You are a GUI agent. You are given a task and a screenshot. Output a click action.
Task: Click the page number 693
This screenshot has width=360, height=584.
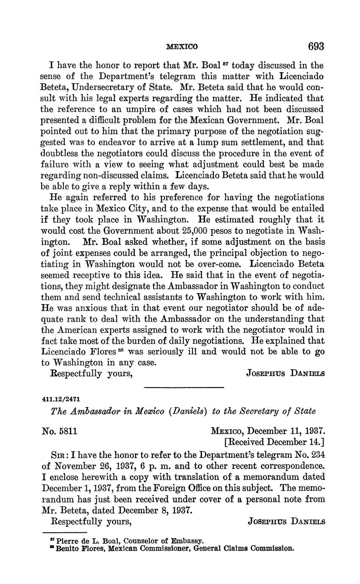click(x=316, y=46)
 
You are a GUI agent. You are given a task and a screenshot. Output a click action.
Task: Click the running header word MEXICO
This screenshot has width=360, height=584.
click(x=182, y=47)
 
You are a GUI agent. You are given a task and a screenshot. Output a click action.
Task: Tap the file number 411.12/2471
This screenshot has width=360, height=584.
click(x=61, y=399)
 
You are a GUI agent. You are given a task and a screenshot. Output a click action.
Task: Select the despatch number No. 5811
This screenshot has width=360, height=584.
click(x=59, y=432)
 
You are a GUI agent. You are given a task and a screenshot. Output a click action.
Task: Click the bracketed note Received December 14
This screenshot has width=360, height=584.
click(x=274, y=442)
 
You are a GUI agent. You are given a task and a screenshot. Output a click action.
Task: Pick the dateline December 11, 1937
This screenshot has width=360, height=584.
click(x=286, y=432)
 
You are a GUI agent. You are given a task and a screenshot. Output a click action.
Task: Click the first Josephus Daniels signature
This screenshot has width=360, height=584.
click(x=285, y=374)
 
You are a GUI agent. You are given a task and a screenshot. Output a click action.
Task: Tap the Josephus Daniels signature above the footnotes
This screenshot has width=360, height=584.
click(x=286, y=522)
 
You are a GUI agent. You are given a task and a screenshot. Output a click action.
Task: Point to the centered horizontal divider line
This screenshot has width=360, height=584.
click(x=184, y=387)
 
